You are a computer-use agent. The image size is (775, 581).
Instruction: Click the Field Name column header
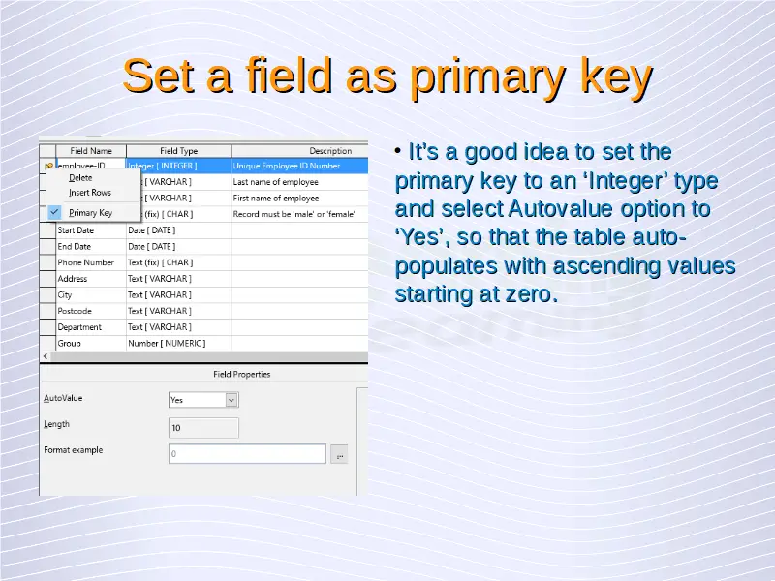point(91,151)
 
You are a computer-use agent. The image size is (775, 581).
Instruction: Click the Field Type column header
point(178,151)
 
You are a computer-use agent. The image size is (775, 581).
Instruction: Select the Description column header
point(330,151)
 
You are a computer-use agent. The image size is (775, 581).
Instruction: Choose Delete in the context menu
point(80,178)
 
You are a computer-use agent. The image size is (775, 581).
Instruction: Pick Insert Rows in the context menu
point(90,193)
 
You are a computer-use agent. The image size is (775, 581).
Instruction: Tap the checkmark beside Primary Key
point(54,212)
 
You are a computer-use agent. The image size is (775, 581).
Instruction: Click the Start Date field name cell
point(91,230)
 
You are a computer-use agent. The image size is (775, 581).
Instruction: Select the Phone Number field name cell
point(91,262)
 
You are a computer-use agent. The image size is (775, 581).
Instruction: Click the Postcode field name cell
point(91,311)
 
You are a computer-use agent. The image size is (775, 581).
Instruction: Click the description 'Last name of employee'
point(276,182)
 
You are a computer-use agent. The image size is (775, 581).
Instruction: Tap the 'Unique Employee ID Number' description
point(287,166)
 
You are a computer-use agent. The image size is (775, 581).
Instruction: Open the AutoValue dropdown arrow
point(231,400)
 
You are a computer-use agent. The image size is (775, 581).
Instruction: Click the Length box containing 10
point(203,428)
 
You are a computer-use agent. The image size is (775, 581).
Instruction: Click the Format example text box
point(247,453)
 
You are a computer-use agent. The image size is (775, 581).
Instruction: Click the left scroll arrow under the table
point(46,356)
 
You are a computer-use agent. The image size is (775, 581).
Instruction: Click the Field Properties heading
point(241,374)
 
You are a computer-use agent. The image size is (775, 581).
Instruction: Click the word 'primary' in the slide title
point(489,76)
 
